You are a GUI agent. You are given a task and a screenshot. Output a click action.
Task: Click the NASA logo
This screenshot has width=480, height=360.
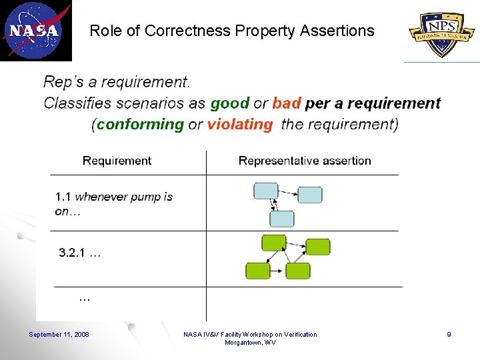(x=35, y=30)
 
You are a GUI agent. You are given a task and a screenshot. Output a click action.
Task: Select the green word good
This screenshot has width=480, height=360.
(x=229, y=103)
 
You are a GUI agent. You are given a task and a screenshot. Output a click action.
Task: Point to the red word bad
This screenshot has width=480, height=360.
(x=287, y=103)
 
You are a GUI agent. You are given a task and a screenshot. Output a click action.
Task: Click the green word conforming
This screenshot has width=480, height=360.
(x=140, y=124)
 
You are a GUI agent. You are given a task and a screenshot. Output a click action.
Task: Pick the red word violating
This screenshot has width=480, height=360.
(x=240, y=124)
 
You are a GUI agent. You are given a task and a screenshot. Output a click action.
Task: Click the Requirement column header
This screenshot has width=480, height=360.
(x=117, y=161)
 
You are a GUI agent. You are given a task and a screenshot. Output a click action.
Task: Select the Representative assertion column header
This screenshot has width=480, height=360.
(x=305, y=161)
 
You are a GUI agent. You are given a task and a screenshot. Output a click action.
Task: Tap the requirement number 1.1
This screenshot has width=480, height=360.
(x=63, y=197)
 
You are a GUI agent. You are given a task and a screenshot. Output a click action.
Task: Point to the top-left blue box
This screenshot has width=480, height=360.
(x=266, y=191)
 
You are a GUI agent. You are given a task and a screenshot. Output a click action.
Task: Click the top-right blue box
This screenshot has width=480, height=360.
(x=309, y=195)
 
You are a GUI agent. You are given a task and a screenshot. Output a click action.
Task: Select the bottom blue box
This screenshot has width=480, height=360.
(x=281, y=219)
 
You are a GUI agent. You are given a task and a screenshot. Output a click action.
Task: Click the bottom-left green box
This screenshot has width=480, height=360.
(x=258, y=271)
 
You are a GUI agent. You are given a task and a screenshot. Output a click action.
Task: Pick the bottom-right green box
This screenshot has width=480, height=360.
(x=298, y=271)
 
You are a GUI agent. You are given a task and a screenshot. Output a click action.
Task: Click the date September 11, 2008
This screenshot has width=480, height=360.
(x=59, y=334)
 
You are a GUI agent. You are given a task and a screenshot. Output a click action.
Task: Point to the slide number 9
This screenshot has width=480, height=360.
(x=449, y=334)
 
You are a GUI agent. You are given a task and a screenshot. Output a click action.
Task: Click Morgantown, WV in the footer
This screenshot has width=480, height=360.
(x=250, y=343)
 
